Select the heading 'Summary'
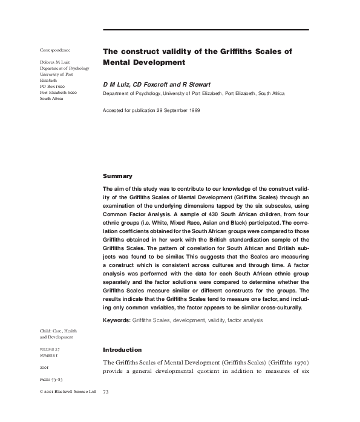pos(117,176)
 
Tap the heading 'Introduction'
pos(122,349)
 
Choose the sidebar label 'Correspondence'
pos(55,49)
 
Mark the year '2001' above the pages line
pos(45,366)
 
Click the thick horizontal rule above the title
pos(206,30)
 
